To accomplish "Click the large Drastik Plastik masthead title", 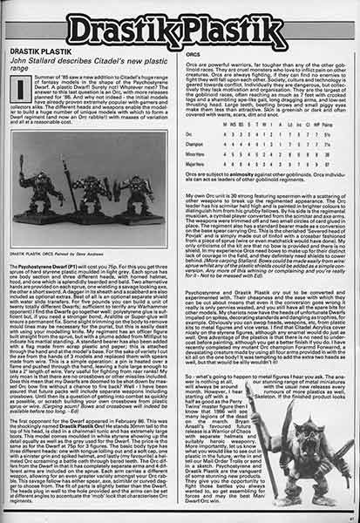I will click(x=180, y=27).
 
